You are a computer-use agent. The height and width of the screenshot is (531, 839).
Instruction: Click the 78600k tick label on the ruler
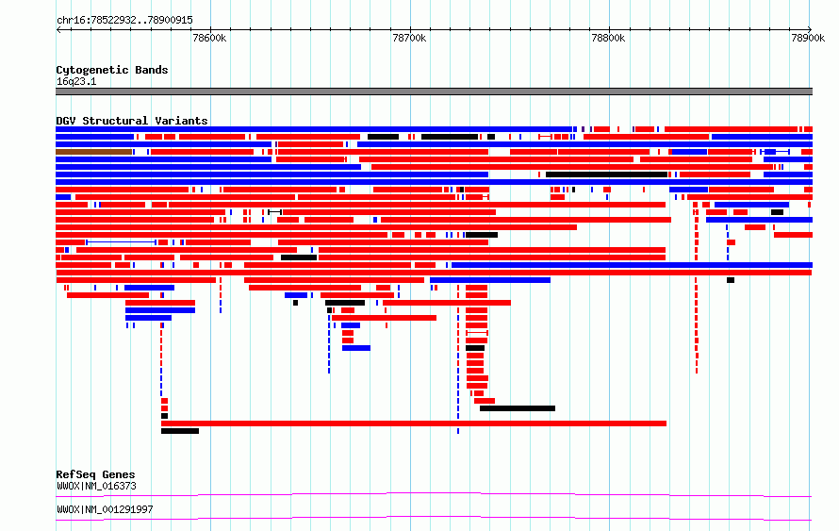(x=209, y=38)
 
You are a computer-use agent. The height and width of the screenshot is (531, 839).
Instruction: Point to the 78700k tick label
(x=409, y=38)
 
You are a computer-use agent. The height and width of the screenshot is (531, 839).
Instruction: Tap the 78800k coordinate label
(x=608, y=38)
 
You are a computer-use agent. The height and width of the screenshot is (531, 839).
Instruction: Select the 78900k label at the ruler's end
(x=808, y=38)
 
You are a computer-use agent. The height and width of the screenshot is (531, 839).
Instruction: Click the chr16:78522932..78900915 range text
(x=124, y=21)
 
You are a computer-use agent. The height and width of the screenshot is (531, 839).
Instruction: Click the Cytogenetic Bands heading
(x=112, y=70)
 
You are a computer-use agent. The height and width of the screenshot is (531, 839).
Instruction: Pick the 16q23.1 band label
(x=76, y=81)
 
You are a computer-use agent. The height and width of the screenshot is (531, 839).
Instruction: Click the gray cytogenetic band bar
(x=434, y=91)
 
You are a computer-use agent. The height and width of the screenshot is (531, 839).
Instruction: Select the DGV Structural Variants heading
(x=132, y=121)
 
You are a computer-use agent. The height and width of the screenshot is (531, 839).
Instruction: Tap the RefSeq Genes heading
(x=96, y=474)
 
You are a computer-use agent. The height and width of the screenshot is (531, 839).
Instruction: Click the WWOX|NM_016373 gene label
(x=97, y=486)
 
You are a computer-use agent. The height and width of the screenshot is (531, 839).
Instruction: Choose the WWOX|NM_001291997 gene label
(x=105, y=509)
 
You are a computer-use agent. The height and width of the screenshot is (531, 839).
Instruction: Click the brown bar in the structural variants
(x=93, y=152)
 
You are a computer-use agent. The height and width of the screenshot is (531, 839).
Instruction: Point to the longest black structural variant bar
(x=606, y=174)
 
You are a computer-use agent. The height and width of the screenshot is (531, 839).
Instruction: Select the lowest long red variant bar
(x=414, y=423)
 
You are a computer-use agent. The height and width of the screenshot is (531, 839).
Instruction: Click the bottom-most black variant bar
(x=180, y=431)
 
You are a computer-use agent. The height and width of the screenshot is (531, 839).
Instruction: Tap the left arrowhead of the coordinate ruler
(x=58, y=30)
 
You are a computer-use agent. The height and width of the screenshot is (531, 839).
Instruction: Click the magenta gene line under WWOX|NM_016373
(x=434, y=494)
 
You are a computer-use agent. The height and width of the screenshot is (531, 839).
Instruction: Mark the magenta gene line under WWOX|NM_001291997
(x=434, y=518)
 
